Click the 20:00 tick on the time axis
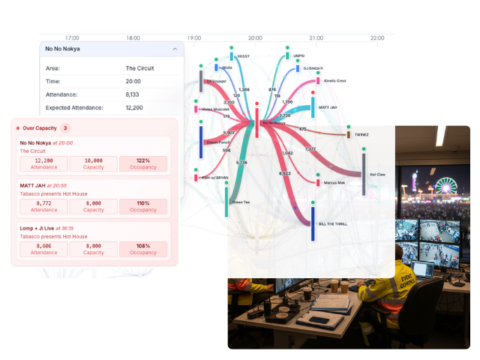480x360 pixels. tap(255, 37)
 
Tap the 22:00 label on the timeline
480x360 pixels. tap(377, 37)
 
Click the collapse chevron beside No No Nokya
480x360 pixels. tap(175, 49)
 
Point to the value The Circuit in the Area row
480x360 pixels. tap(141, 68)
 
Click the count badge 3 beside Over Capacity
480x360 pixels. tap(65, 128)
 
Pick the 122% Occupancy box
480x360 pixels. tap(144, 164)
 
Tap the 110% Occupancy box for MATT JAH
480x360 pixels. tap(144, 206)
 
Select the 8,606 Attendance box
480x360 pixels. tap(43, 248)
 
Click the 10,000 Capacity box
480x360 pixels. tap(94, 164)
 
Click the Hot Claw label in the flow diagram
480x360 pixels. tap(379, 174)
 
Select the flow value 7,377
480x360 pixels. tap(310, 149)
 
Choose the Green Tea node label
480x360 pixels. tap(241, 202)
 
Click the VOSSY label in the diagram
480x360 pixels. tap(243, 56)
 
